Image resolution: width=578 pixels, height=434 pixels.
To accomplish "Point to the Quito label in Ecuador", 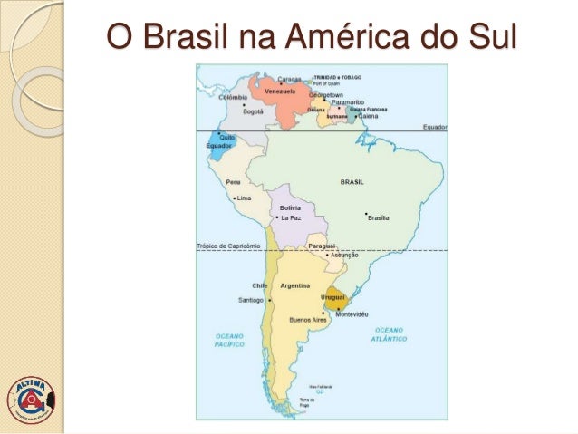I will (227, 136).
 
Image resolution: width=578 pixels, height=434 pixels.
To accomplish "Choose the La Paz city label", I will (291, 217).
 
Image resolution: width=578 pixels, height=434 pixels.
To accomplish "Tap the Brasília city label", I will (378, 217).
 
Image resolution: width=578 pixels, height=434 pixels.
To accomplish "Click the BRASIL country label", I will (352, 182).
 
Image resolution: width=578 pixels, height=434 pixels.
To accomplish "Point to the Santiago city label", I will (250, 299).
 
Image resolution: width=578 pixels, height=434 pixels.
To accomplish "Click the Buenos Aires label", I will (307, 319).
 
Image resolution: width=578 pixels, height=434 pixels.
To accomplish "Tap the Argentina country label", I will (296, 285).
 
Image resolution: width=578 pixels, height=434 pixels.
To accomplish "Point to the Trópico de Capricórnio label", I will (227, 246).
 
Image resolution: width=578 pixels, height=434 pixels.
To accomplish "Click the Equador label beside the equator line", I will (433, 128).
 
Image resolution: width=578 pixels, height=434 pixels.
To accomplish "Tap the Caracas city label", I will (289, 78).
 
